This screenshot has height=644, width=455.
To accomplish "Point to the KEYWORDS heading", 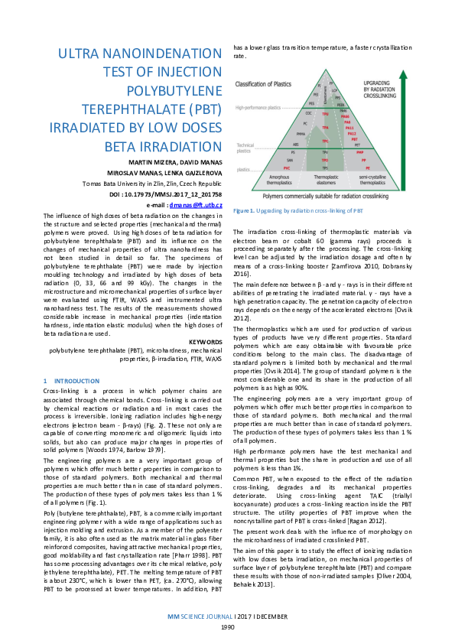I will (x=205, y=341).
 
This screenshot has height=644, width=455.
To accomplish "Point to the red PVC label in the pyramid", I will (x=287, y=166).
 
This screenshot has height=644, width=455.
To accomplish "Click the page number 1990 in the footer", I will (x=227, y=626).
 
